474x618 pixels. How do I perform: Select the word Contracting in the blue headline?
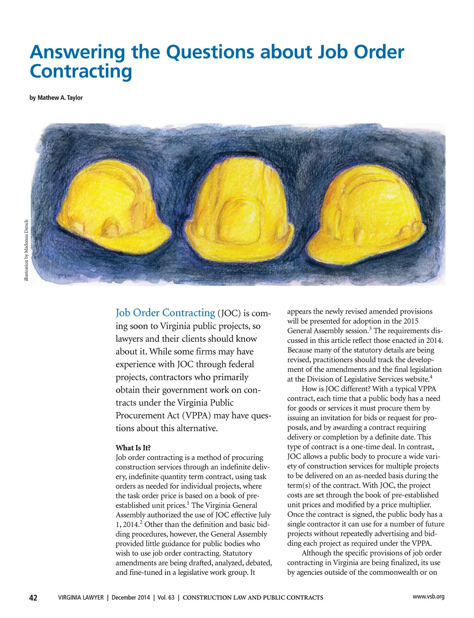(81, 72)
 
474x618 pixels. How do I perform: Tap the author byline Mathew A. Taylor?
(60, 98)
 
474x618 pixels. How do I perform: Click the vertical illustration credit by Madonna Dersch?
(26, 250)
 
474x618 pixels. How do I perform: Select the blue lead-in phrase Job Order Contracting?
(165, 313)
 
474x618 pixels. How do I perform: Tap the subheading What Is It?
(133, 448)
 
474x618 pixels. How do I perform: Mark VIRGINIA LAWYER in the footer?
(81, 597)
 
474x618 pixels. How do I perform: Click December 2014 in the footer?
(131, 597)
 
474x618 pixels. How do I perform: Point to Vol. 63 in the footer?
(166, 597)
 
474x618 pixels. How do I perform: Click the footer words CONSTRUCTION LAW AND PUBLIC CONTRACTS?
(253, 598)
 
